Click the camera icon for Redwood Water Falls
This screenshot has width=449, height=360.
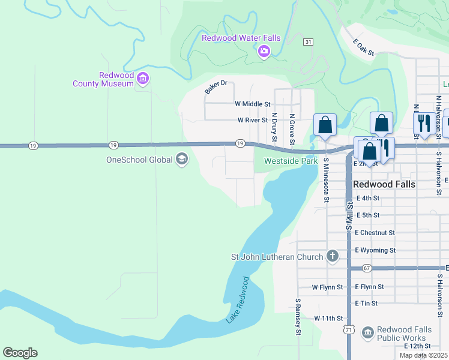click(x=264, y=52)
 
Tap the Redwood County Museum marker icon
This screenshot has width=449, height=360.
click(x=143, y=79)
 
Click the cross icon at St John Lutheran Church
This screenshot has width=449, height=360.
click(x=332, y=257)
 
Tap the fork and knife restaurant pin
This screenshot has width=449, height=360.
click(x=424, y=123)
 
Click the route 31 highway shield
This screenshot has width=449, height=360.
click(x=308, y=41)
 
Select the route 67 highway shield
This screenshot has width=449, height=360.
click(x=367, y=268)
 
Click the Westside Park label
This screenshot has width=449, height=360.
click(x=291, y=161)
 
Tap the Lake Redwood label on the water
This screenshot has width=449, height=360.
click(x=237, y=301)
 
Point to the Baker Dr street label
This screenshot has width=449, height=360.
click(x=216, y=87)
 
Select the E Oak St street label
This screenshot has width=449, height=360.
click(x=363, y=48)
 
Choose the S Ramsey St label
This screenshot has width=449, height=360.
click(x=297, y=316)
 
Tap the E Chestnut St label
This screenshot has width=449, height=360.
click(x=375, y=232)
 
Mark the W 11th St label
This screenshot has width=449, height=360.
click(x=328, y=318)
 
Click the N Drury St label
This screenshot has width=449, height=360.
click(x=274, y=127)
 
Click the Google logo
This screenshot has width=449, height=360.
click(x=20, y=353)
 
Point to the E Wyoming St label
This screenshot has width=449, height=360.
click(x=375, y=250)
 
